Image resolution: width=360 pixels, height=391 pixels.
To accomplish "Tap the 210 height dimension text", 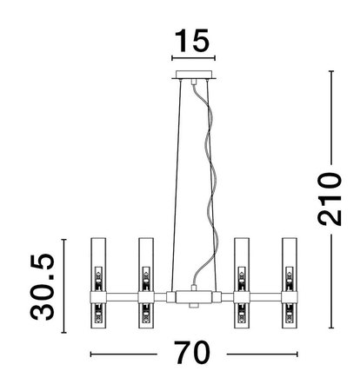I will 330,200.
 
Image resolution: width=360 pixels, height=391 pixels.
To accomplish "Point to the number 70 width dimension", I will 192,354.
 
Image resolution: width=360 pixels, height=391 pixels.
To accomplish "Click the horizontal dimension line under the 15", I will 193,61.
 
